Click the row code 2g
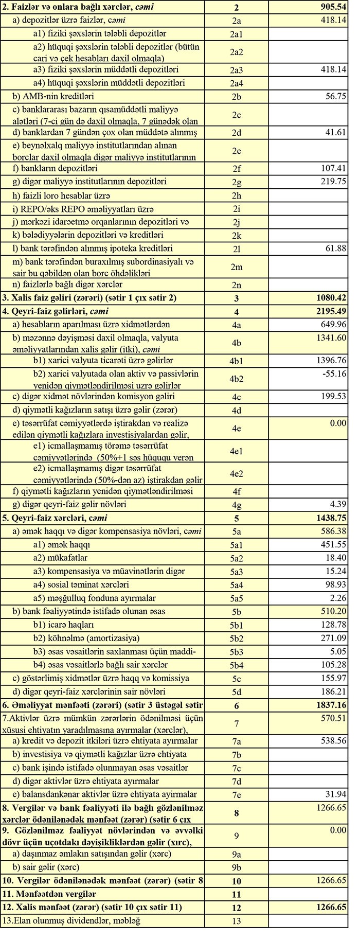point(236,182)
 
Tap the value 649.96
point(334,325)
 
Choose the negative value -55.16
point(335,374)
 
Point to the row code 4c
point(236,397)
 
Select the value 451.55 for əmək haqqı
point(334,544)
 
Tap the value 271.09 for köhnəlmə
point(334,638)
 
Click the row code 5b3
point(236,652)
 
